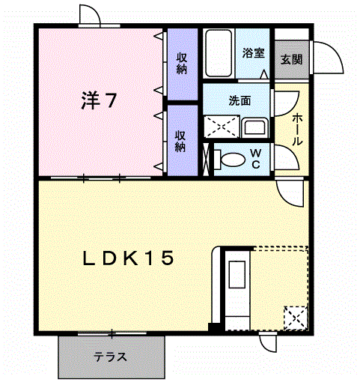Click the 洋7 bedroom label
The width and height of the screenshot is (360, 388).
click(x=99, y=100)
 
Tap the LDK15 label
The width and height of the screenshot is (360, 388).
click(x=128, y=258)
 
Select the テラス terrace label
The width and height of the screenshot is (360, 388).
click(x=110, y=357)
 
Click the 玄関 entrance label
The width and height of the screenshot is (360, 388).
click(x=291, y=59)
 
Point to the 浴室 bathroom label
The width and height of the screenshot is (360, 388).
click(x=253, y=53)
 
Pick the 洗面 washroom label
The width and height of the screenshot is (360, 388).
click(x=240, y=100)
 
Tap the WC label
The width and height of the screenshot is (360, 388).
click(x=256, y=159)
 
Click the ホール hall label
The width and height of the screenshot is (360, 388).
click(x=297, y=129)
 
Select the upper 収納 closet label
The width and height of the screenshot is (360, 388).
click(x=182, y=64)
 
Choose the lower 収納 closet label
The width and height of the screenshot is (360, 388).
click(x=180, y=142)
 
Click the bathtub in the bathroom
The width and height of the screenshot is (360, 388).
click(x=219, y=53)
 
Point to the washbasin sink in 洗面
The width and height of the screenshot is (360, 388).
click(x=254, y=127)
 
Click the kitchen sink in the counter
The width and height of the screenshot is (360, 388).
click(x=237, y=274)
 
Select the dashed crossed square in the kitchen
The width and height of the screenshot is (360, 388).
click(x=296, y=318)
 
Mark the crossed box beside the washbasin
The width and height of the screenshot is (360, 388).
click(x=222, y=127)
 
